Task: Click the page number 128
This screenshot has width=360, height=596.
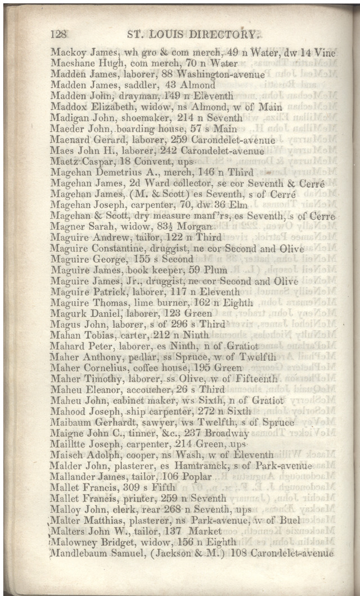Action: click(59, 34)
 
